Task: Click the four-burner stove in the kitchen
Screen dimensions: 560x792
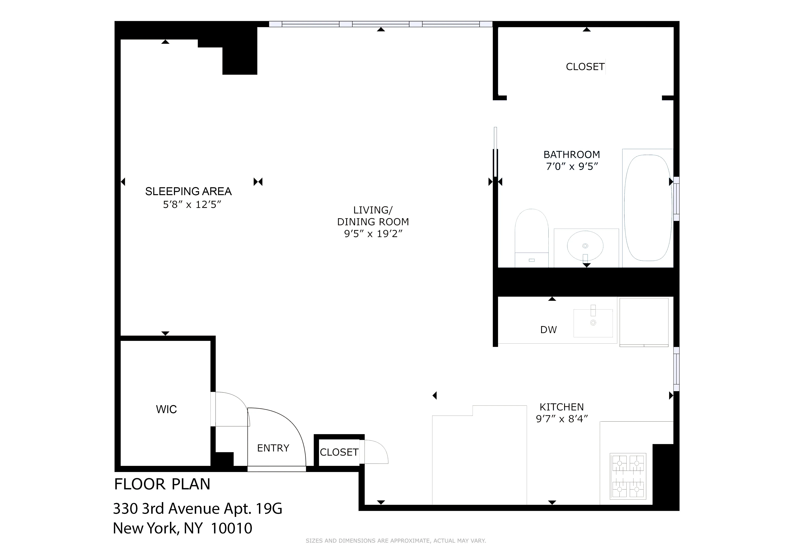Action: [628, 476]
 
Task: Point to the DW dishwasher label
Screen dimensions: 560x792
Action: [548, 330]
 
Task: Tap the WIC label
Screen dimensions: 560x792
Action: [166, 409]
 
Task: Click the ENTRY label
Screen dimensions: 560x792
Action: [273, 448]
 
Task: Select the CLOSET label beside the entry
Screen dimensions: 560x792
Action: [339, 452]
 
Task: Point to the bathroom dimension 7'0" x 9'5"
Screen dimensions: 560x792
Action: [572, 167]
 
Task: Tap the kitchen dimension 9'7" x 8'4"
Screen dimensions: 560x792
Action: [562, 419]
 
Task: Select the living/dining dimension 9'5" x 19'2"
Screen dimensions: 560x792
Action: [373, 234]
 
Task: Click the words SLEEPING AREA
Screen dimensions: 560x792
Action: [188, 191]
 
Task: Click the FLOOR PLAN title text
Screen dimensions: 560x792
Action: [162, 484]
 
